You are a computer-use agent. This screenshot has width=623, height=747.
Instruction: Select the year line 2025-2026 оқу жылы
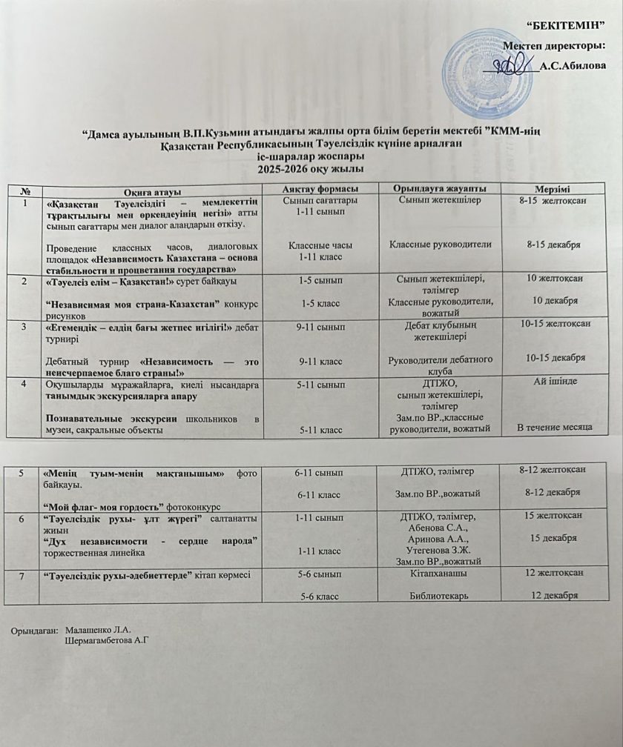311,169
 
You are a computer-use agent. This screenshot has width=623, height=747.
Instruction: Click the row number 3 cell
27,325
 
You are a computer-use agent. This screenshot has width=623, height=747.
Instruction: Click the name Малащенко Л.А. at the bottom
98,629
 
